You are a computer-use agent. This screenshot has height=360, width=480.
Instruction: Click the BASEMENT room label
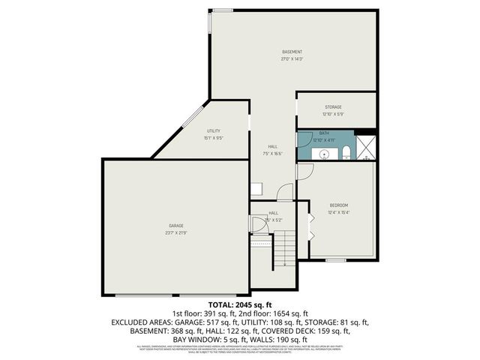(x=292, y=52)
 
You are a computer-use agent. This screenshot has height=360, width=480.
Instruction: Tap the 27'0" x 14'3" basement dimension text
(x=292, y=58)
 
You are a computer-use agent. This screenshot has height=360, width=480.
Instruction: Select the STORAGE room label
(x=333, y=107)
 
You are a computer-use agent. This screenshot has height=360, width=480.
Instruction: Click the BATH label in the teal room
(x=324, y=133)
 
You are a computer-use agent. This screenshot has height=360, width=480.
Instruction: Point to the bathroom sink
(x=324, y=153)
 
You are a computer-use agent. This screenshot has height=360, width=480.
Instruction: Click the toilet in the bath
(x=346, y=154)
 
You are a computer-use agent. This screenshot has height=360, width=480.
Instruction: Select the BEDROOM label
(x=339, y=205)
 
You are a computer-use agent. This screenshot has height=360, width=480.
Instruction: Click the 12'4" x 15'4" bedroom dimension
(x=339, y=211)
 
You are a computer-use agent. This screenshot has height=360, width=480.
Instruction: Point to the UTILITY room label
(x=214, y=131)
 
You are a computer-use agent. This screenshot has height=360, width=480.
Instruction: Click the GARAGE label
(x=176, y=225)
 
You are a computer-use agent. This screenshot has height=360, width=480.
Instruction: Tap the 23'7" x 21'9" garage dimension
(x=176, y=232)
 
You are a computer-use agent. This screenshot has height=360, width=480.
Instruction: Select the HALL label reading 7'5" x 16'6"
(x=272, y=150)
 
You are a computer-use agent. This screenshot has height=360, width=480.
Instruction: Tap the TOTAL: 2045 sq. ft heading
(x=239, y=305)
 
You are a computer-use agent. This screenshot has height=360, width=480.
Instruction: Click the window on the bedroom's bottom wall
(x=335, y=260)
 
